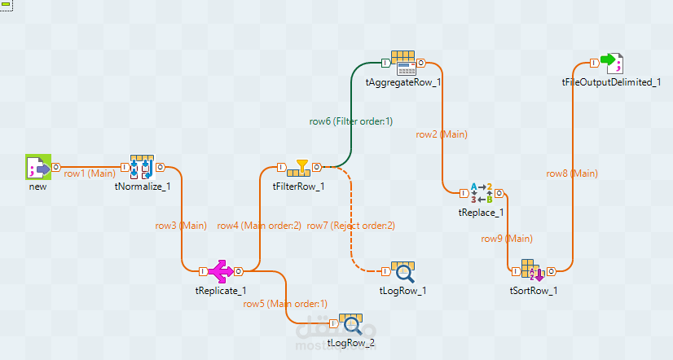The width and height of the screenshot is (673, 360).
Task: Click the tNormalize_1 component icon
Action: click(x=143, y=167)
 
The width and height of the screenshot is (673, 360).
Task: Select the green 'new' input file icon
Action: click(x=37, y=168)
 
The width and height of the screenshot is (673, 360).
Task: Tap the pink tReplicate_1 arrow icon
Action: click(x=220, y=270)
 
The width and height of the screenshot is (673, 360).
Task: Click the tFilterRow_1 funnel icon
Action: click(x=301, y=168)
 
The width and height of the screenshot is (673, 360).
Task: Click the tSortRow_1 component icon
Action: click(x=533, y=271)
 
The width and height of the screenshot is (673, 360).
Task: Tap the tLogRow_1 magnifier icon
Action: click(x=403, y=273)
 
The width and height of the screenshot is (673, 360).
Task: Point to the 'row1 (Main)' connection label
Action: click(x=90, y=173)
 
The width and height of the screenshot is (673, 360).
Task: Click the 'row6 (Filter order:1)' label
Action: click(x=350, y=121)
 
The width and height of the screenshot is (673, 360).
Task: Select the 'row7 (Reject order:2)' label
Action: click(x=350, y=226)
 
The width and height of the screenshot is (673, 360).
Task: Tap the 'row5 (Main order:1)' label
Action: click(x=285, y=304)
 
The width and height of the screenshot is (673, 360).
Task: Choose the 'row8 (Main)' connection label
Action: click(x=571, y=173)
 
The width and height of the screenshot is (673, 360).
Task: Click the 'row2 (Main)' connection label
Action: click(x=442, y=134)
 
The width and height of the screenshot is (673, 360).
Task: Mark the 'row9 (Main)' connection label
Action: click(x=507, y=239)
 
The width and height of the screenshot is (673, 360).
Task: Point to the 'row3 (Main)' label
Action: click(x=181, y=226)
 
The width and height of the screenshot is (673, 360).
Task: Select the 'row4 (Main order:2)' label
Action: click(x=259, y=226)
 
